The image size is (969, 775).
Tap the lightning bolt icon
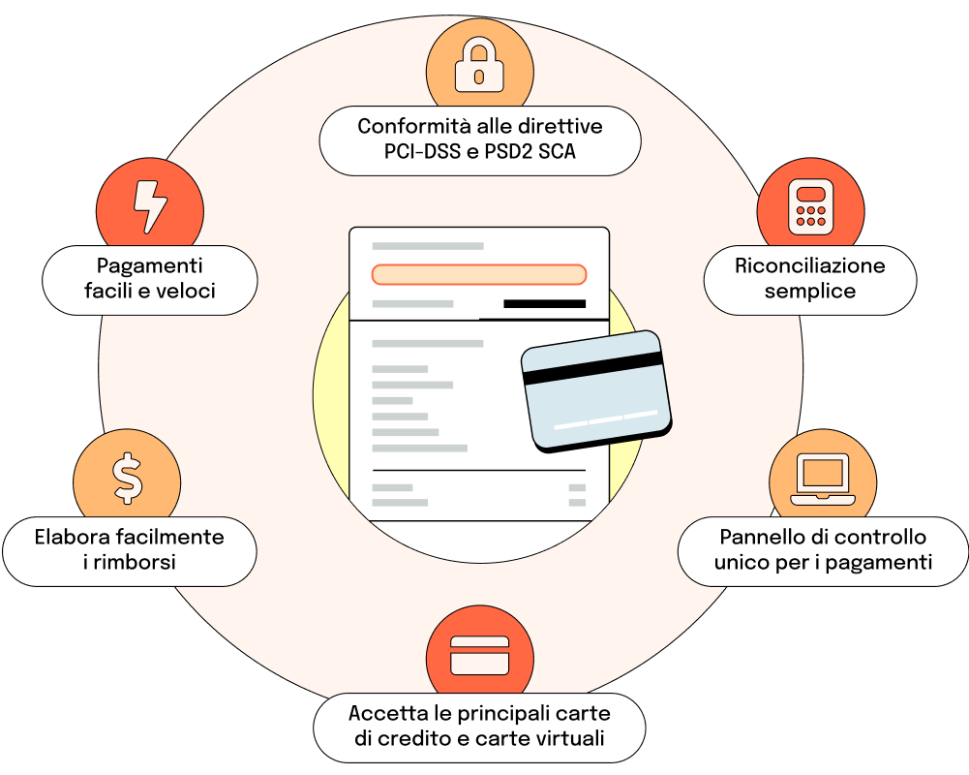[x=150, y=206]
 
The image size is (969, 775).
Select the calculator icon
[x=811, y=207]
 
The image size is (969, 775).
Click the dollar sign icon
[x=128, y=479]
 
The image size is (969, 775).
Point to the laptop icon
[x=823, y=480]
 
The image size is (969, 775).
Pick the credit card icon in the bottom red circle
[x=479, y=655]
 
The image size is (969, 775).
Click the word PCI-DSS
[x=423, y=151]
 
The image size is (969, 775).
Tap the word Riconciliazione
[x=810, y=265]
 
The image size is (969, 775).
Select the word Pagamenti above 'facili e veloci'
[x=149, y=266]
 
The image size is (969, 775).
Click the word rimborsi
[x=135, y=562]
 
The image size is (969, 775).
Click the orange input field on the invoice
[x=479, y=274]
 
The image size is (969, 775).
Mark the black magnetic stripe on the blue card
[x=593, y=368]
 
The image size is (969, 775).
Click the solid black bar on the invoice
[x=544, y=303]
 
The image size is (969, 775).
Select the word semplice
[x=810, y=292]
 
